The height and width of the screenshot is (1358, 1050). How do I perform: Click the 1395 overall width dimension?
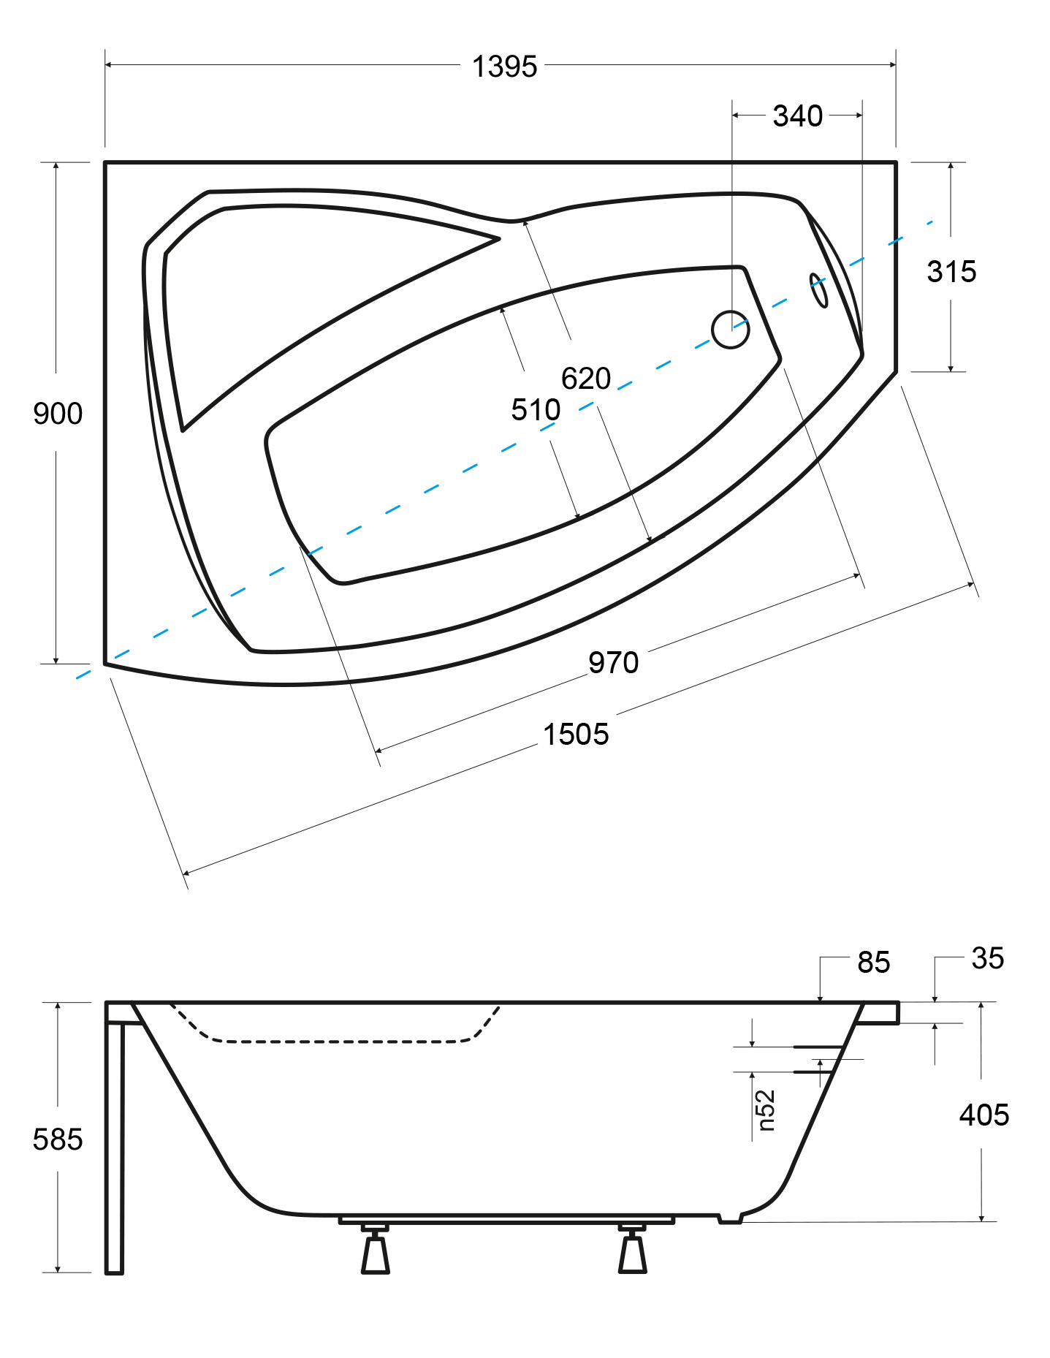[504, 67]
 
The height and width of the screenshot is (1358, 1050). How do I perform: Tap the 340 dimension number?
[797, 116]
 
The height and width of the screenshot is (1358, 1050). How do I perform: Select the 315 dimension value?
[951, 272]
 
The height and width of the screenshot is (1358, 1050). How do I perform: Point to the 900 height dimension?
[58, 414]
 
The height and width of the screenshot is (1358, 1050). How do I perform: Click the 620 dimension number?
[586, 379]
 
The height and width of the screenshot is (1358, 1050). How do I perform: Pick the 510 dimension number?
[536, 410]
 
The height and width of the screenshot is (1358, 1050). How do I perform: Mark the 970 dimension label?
[614, 663]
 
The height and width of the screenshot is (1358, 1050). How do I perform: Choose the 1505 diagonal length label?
[576, 735]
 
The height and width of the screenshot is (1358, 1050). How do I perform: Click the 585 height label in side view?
[58, 1139]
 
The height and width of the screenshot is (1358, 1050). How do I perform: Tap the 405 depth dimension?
[984, 1115]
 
